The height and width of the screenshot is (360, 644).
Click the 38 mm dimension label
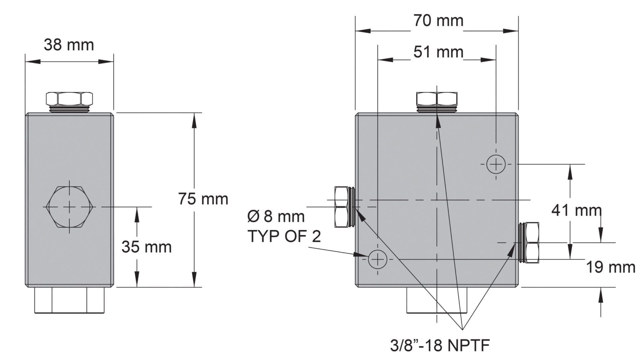pos(69,45)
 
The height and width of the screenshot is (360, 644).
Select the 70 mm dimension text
pos(438,20)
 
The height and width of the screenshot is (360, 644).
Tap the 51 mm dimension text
pos(438,52)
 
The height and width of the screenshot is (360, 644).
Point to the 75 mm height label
pos(203,199)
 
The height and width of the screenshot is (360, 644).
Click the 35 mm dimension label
pos(147,247)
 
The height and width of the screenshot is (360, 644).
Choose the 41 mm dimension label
pos(577,210)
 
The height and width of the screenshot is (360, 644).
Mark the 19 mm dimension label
pos(610,267)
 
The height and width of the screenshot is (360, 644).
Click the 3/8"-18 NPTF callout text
pos(440,345)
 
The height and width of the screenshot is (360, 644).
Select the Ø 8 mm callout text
pos(276,216)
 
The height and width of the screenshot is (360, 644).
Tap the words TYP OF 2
pos(284,236)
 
